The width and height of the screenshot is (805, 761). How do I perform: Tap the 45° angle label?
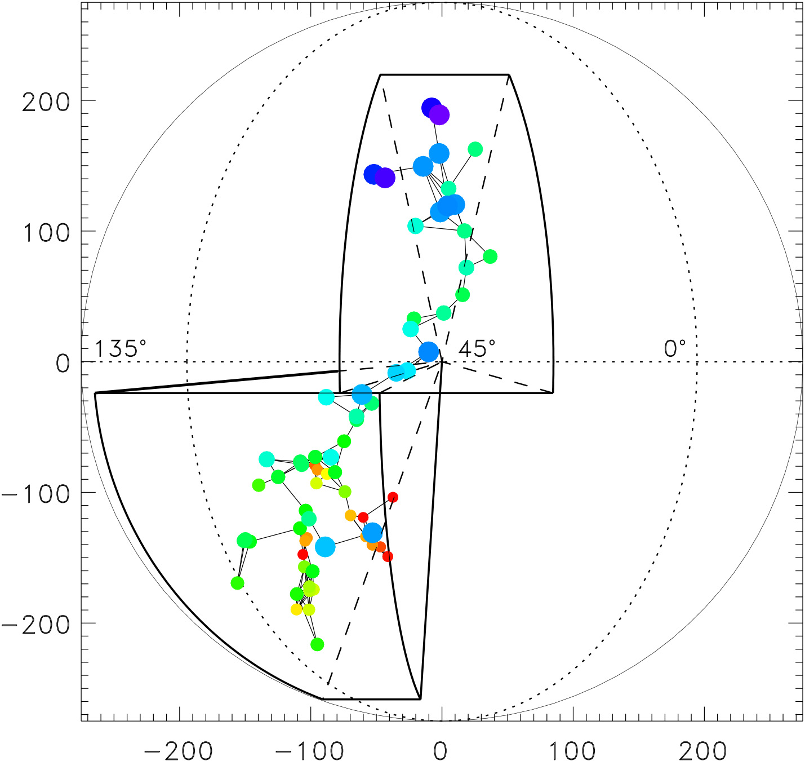(x=477, y=349)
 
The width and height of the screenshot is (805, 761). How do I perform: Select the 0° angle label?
(x=675, y=349)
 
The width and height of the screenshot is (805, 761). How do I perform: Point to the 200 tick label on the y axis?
(x=46, y=102)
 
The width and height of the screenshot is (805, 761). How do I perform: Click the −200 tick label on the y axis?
(x=37, y=625)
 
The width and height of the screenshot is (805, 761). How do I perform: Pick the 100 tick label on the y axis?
(x=46, y=233)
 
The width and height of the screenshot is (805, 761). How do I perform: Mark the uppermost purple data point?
(x=439, y=115)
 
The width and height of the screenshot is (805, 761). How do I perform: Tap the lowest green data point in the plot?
(x=317, y=644)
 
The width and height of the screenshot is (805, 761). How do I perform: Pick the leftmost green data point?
(x=237, y=583)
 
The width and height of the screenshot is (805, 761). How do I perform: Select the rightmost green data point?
(x=490, y=256)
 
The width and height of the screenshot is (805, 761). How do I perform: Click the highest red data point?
(x=393, y=497)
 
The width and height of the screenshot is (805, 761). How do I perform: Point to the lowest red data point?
(x=388, y=556)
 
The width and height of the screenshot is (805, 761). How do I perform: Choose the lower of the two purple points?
(x=385, y=178)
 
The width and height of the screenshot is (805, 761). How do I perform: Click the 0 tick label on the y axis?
(x=63, y=364)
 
